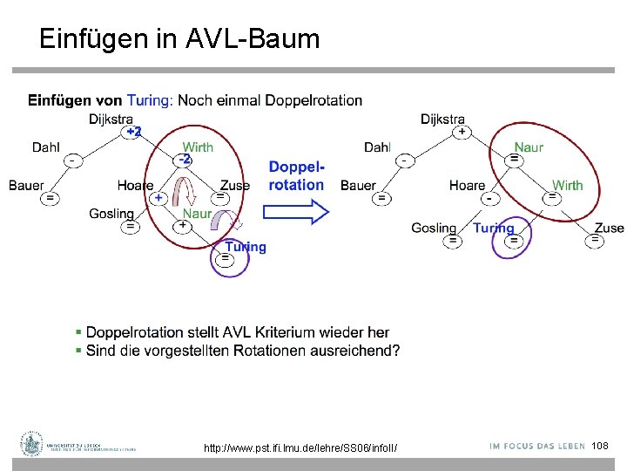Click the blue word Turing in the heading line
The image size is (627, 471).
[x=148, y=100]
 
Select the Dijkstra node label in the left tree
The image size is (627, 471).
[x=111, y=119]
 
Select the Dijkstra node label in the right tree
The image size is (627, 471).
[x=442, y=119]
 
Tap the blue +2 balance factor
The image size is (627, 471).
[x=133, y=132]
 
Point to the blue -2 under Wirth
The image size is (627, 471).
[x=184, y=160]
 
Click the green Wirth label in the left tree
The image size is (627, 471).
[x=198, y=147]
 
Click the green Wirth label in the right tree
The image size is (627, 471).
[x=567, y=185]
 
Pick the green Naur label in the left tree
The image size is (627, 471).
[x=197, y=213]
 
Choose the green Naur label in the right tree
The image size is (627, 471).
[x=529, y=147]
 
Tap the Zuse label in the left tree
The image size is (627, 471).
[x=235, y=185]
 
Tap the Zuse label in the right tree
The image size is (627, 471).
[x=609, y=228]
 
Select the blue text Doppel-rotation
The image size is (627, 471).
[x=296, y=175]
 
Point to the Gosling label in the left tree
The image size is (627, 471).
[x=111, y=214]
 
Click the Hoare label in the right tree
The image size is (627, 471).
[x=468, y=185]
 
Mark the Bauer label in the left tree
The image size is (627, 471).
[x=27, y=185]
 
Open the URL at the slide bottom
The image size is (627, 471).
[x=300, y=447]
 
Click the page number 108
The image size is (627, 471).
[x=600, y=446]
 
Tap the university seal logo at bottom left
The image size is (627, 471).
[x=32, y=444]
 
